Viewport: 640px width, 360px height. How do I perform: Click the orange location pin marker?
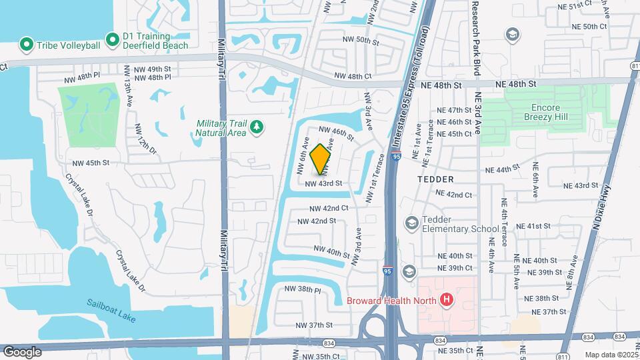click(x=321, y=159)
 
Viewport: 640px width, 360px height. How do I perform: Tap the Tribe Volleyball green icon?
click(x=27, y=45)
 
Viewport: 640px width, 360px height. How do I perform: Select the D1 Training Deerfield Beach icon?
click(x=112, y=40)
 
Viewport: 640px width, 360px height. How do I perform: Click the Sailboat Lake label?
click(x=111, y=311)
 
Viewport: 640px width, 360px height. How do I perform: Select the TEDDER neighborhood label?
click(x=435, y=179)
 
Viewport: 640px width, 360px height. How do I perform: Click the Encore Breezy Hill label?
click(x=555, y=112)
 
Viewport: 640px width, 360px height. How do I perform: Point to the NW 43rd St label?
click(x=323, y=183)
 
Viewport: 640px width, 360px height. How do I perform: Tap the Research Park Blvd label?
click(x=476, y=38)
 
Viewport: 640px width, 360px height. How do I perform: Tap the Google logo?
click(x=23, y=351)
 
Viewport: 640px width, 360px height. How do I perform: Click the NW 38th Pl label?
click(x=303, y=289)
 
